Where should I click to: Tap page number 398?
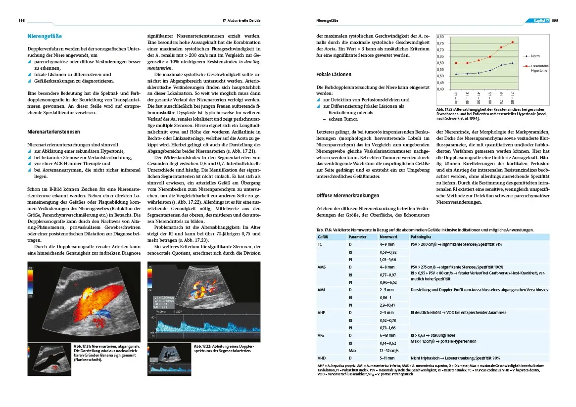pos(22,21)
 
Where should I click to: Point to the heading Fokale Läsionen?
pos(334,75)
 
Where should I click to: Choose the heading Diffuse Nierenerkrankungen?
pos(347,195)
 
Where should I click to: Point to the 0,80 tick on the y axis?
pos(441,37)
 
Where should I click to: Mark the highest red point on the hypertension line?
pos(513,42)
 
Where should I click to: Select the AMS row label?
pos(322,267)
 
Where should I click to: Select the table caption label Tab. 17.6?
pos(326,230)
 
